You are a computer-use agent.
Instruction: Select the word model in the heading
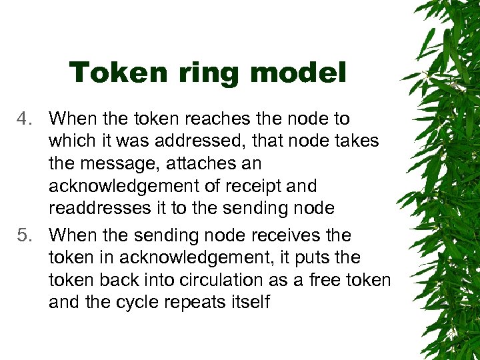[303, 73]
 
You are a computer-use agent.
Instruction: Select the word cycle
[143, 303]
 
